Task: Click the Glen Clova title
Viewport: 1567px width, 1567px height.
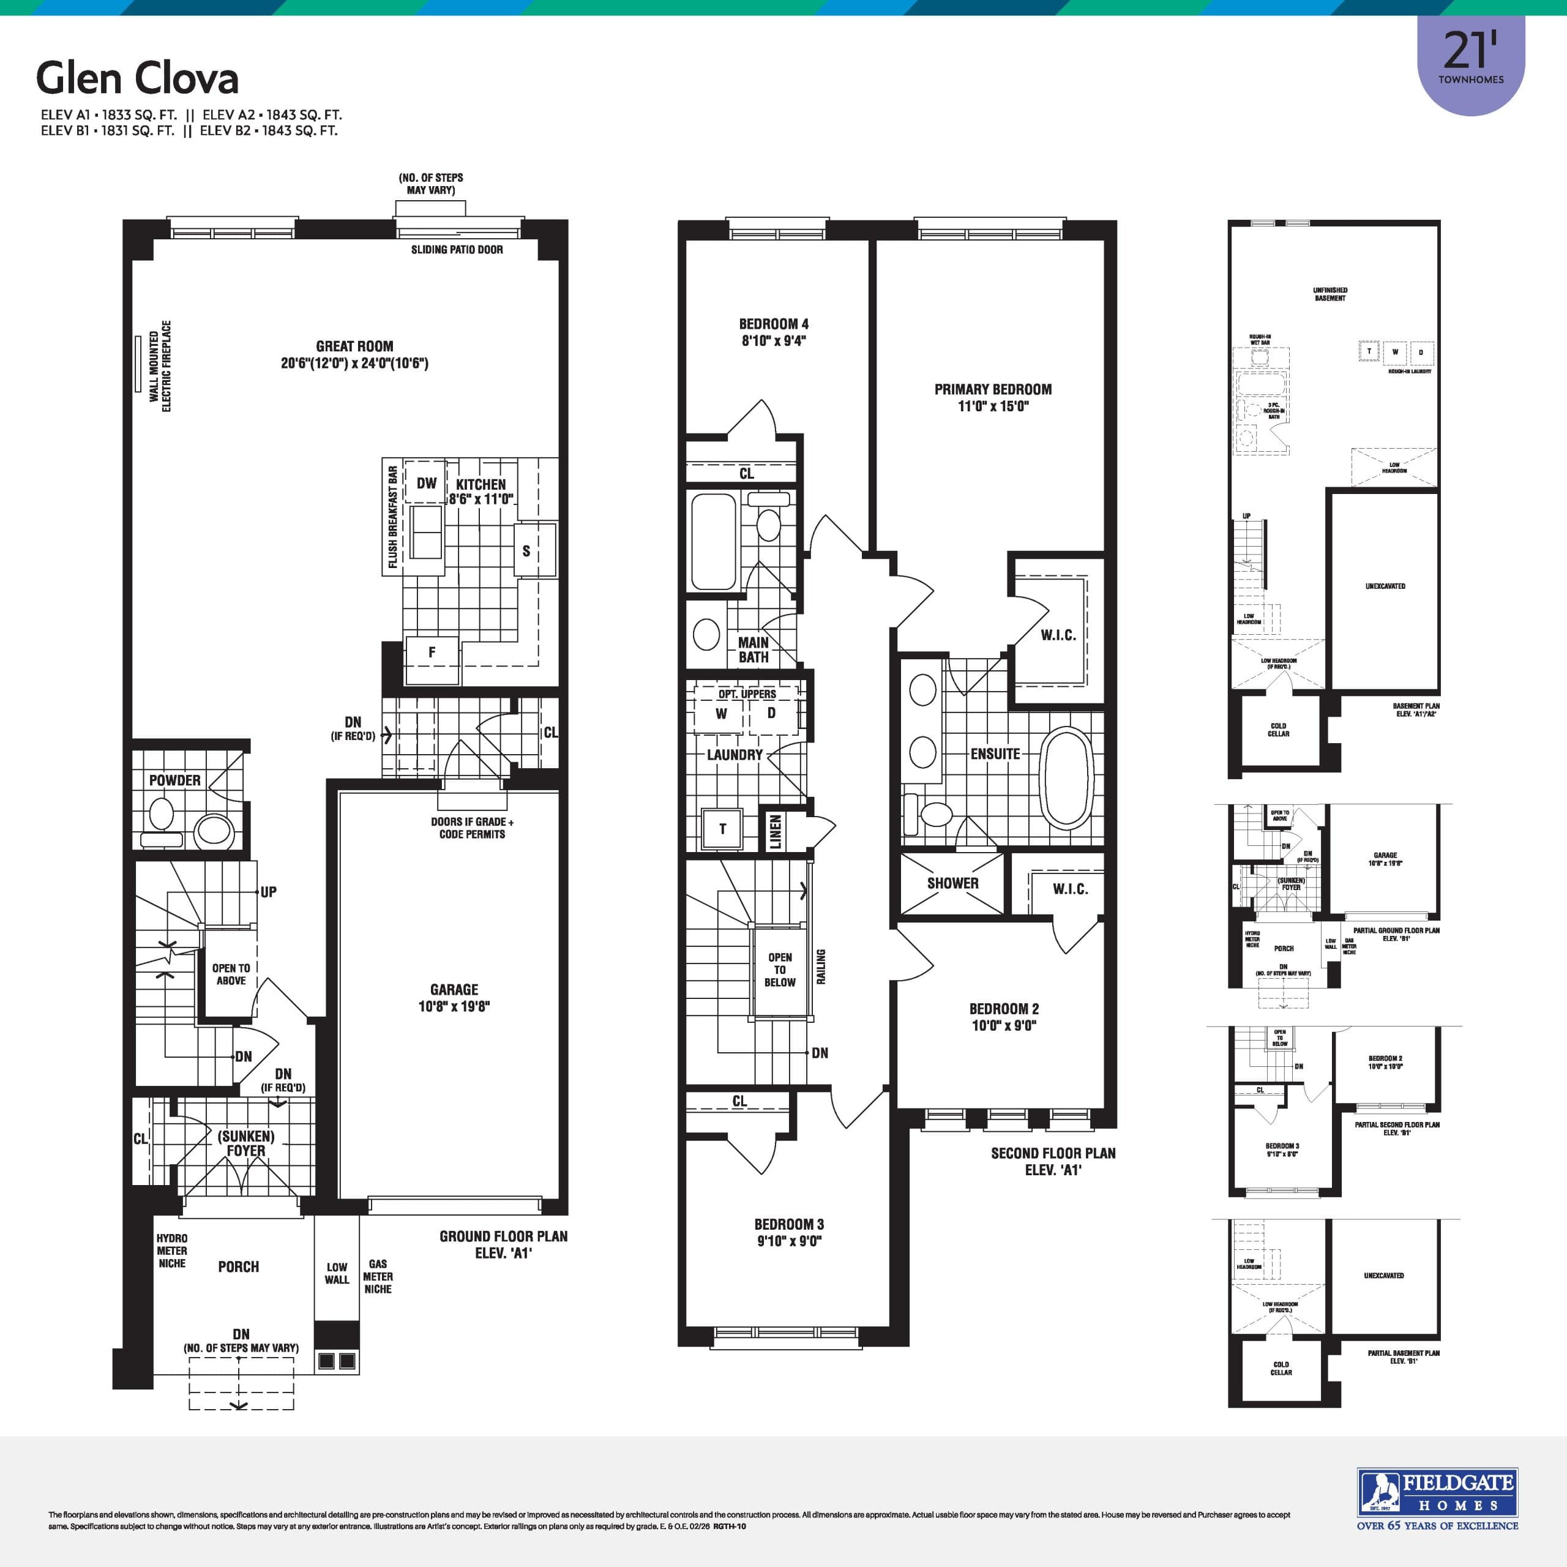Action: coord(137,79)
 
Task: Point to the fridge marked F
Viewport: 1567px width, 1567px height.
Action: coord(432,652)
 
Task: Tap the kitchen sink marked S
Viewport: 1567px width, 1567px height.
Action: coord(526,552)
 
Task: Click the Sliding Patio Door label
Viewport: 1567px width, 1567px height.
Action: coord(457,250)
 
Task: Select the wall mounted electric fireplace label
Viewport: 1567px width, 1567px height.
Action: coord(160,367)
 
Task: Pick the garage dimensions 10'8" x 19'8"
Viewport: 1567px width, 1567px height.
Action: coord(454,1006)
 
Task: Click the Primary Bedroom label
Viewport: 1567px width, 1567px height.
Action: coord(993,389)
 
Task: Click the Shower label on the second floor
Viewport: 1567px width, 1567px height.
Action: coord(952,883)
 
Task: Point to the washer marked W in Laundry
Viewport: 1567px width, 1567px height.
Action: coord(721,714)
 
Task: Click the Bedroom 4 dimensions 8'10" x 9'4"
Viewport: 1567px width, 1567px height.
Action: coord(773,342)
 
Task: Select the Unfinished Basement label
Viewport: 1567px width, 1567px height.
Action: coord(1330,294)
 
